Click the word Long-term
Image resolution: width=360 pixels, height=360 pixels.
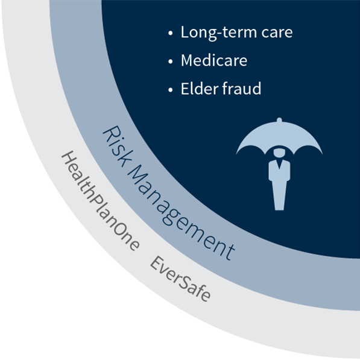[218, 33]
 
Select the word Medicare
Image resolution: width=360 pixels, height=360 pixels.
[214, 60]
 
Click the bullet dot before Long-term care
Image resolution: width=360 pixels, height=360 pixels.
[171, 33]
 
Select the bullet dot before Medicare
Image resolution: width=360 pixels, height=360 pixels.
[171, 62]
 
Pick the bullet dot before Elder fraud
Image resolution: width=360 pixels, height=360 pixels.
[171, 89]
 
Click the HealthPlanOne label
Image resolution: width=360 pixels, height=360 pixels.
[100, 200]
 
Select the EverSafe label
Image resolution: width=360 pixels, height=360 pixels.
[180, 279]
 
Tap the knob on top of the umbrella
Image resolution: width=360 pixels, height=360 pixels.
[279, 119]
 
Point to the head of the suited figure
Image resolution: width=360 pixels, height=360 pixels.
[279, 153]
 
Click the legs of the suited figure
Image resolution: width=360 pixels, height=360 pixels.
[279, 195]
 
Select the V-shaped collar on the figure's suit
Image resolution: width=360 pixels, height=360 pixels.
[279, 164]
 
